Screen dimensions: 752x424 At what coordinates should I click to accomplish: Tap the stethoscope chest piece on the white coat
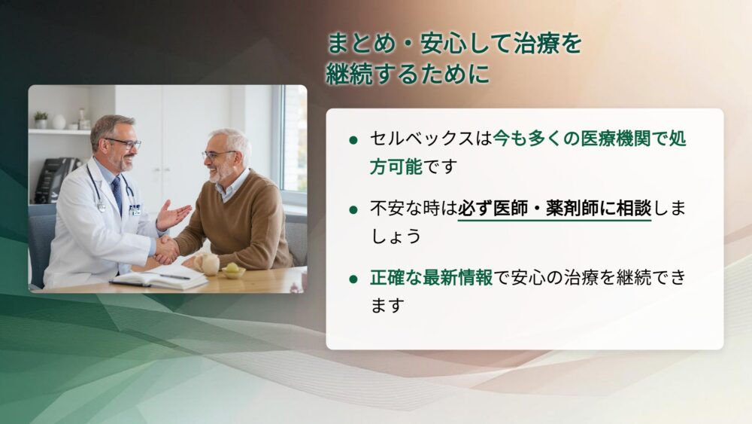pos(102,206)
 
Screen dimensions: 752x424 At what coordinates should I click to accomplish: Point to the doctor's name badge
pos(135,210)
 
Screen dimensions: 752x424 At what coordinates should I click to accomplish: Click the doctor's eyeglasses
pos(124,143)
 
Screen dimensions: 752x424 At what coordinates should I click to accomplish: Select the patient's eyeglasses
pos(217,154)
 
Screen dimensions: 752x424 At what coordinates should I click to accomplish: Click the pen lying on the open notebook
pos(174,276)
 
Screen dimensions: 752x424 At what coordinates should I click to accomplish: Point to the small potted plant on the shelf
pos(41,120)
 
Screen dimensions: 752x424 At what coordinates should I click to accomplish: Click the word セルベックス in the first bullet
pos(422,139)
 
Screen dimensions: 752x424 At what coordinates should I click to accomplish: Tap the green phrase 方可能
pos(396,166)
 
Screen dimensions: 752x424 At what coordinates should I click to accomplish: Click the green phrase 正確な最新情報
pos(431,278)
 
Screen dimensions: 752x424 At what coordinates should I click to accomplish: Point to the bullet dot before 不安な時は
pos(354,210)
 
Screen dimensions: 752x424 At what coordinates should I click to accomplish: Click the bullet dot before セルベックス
pos(354,140)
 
